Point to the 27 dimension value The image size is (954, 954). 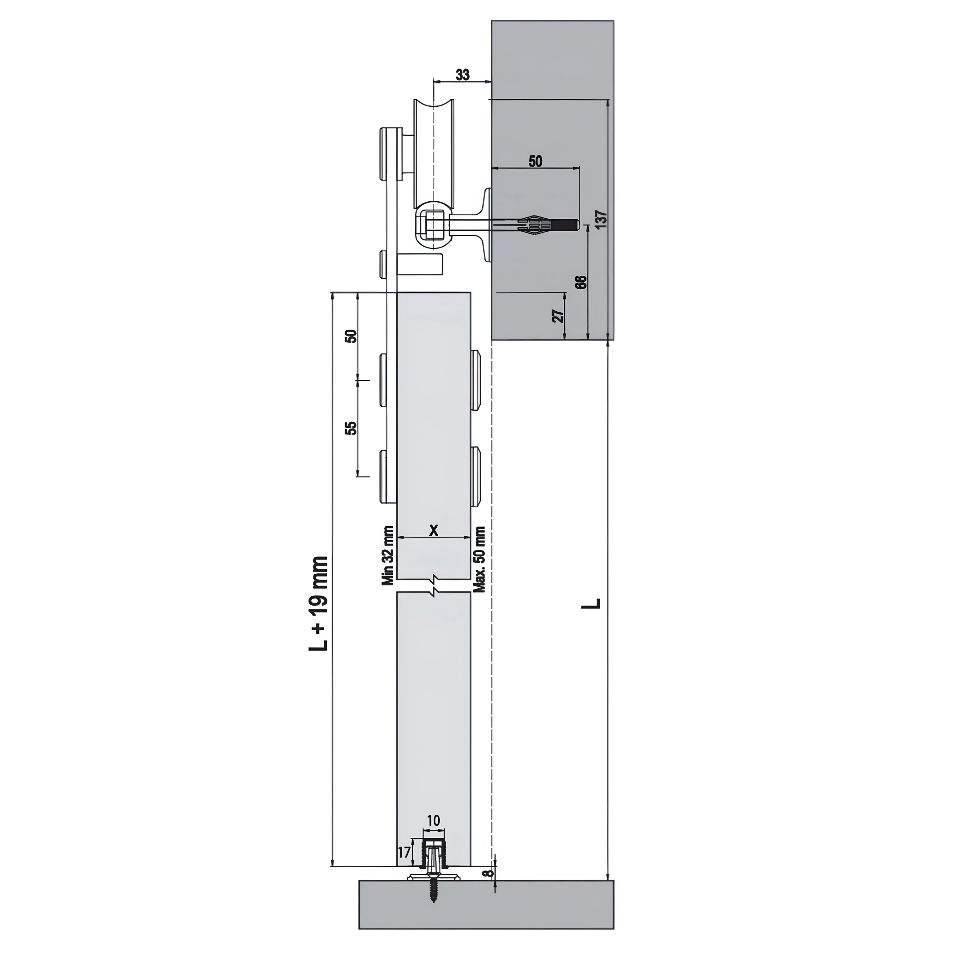pos(558,316)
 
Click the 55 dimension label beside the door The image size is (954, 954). pos(351,428)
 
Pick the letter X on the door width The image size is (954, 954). pos(433,530)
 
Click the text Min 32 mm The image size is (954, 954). pos(388,556)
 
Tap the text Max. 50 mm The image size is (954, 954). pos(480,559)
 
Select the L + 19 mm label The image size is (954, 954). pos(319,603)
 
